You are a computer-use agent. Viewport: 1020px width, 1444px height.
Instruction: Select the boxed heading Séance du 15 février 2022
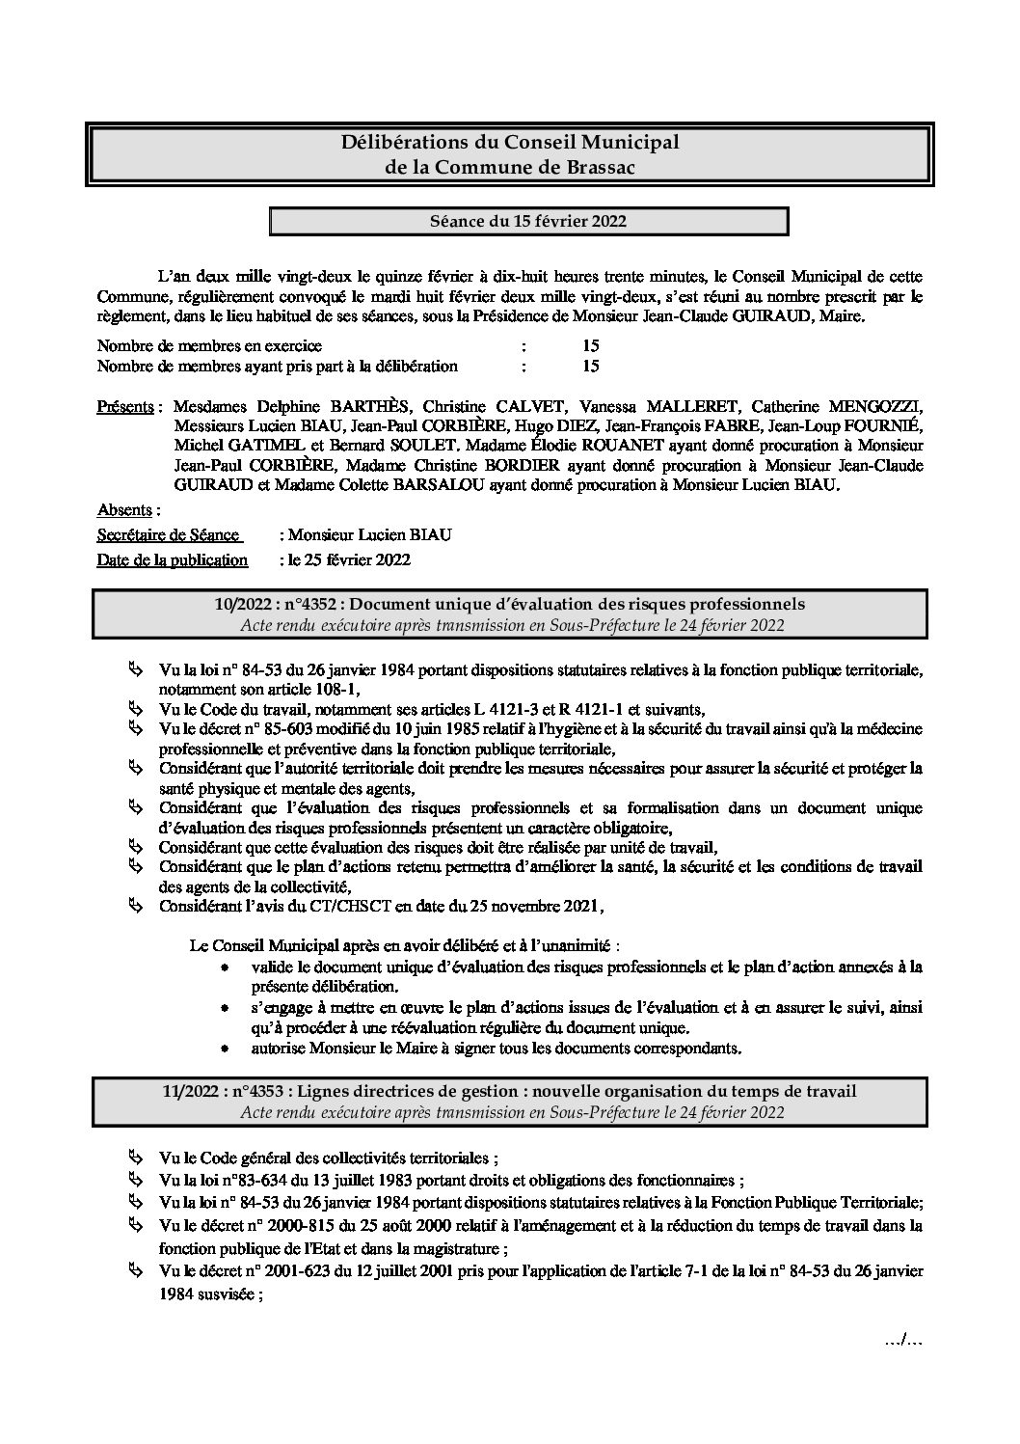click(x=528, y=221)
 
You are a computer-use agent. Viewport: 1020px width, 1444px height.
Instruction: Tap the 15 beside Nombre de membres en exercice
click(x=591, y=345)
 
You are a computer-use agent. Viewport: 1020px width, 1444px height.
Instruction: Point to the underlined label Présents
click(x=125, y=406)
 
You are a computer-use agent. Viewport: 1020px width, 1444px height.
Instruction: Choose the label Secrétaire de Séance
click(x=168, y=534)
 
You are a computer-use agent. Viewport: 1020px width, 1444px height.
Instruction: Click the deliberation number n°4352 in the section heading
click(x=308, y=604)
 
